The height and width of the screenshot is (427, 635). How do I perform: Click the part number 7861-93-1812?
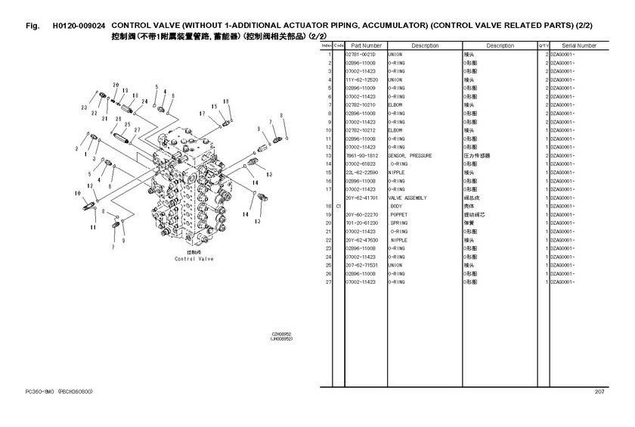point(361,155)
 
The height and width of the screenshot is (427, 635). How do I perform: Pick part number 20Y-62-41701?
point(361,198)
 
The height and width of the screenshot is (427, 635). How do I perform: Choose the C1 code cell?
point(339,206)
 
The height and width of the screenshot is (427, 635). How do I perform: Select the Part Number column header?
point(366,45)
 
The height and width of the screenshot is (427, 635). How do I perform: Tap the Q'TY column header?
point(543,45)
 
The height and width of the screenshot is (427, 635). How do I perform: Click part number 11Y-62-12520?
point(361,79)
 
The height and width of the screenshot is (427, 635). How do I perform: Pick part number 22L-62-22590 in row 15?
point(361,172)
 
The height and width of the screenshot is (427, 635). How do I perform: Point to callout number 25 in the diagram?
point(127,124)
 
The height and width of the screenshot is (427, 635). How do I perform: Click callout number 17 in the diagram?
point(203,114)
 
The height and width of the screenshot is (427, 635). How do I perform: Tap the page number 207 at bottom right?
point(599,391)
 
